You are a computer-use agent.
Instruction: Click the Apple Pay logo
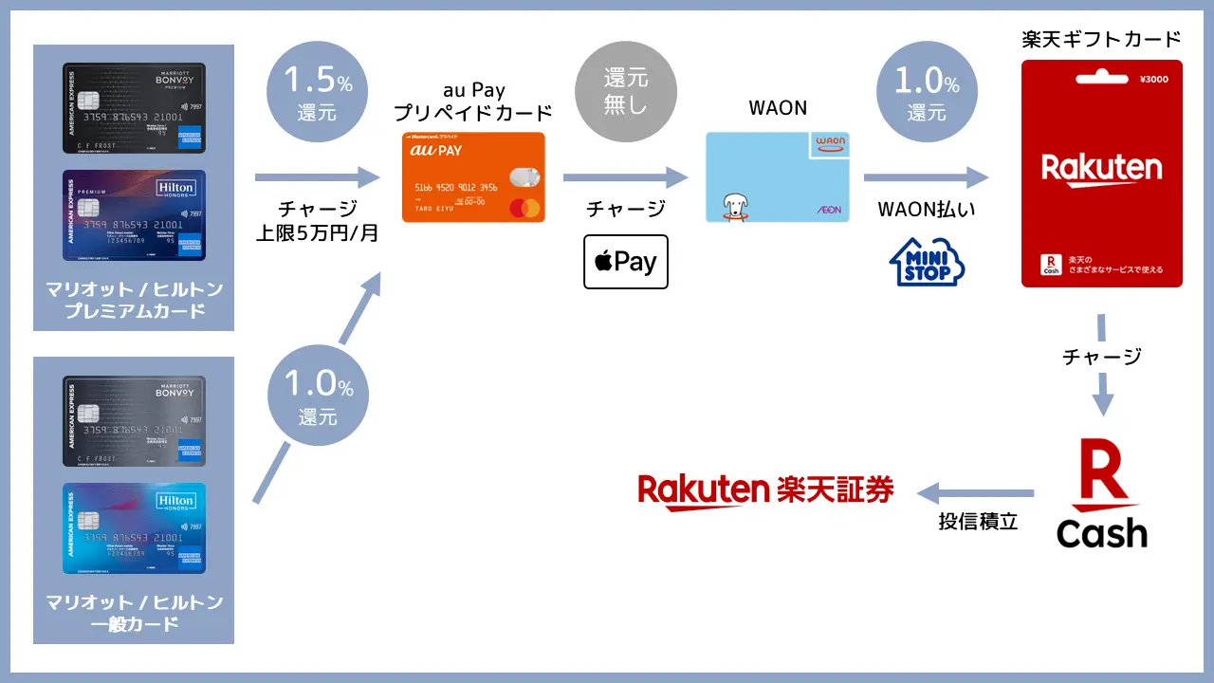click(x=625, y=262)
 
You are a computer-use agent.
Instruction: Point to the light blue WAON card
click(x=778, y=177)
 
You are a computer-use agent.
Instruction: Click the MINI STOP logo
click(x=926, y=262)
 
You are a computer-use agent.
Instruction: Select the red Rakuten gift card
click(x=1101, y=174)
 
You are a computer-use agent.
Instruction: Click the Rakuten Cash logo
click(x=1101, y=493)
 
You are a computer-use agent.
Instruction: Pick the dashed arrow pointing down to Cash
click(x=1101, y=365)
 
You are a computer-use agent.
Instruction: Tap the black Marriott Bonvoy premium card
click(x=134, y=108)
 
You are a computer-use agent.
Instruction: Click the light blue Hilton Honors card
click(x=134, y=528)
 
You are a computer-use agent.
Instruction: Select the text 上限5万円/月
click(x=317, y=232)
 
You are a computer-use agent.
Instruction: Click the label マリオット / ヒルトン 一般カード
click(x=134, y=613)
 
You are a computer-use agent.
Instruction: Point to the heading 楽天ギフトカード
click(x=1101, y=39)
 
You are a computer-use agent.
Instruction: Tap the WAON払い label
click(x=925, y=210)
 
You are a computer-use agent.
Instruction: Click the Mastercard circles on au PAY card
click(x=524, y=208)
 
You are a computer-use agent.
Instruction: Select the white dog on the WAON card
click(x=733, y=206)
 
